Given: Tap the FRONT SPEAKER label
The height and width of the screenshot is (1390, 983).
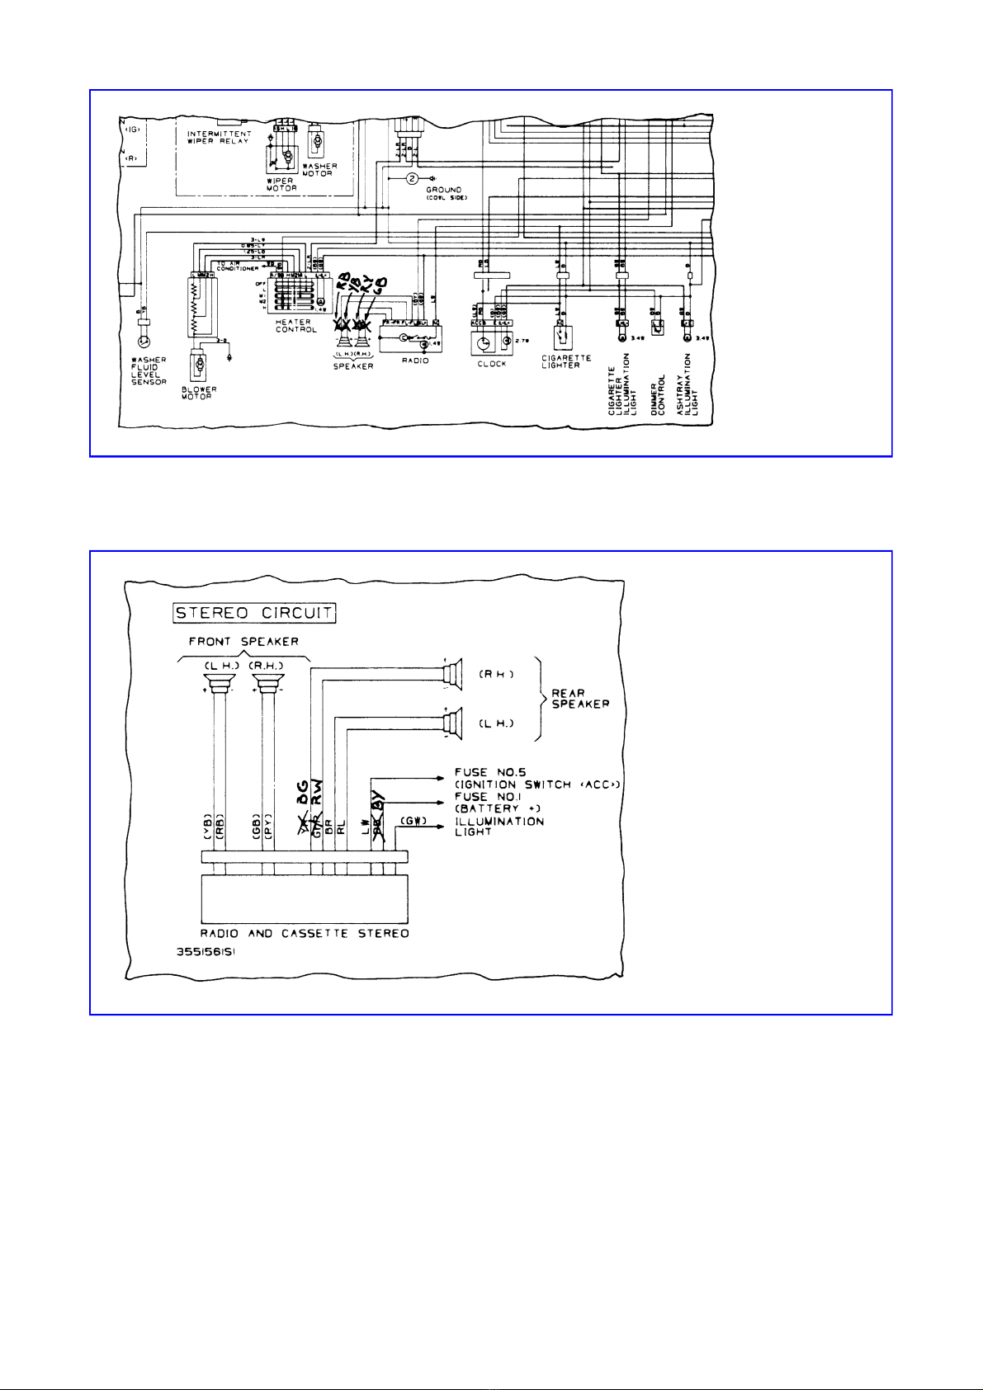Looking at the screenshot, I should (x=243, y=642).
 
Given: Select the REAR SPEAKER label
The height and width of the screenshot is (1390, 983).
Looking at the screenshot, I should (x=580, y=700).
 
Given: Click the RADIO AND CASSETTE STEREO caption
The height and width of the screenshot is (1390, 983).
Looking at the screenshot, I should (x=305, y=934).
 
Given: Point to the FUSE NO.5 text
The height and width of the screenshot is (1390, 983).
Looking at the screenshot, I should (x=490, y=772).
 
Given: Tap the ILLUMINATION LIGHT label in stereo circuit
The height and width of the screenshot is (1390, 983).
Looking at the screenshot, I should (x=499, y=827).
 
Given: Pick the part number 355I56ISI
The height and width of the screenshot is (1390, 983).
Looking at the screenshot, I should (x=211, y=949).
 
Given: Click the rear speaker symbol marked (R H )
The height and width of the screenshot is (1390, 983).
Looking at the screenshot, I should (x=450, y=674).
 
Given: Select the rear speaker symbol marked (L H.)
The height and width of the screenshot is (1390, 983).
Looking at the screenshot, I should (x=450, y=723).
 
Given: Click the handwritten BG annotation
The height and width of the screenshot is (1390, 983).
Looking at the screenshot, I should (x=303, y=791).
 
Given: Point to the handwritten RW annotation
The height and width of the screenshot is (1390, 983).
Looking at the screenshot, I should (x=318, y=791).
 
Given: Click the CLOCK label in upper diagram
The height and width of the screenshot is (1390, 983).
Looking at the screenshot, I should (x=492, y=364).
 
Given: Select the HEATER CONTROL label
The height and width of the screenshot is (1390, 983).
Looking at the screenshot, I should (x=295, y=326).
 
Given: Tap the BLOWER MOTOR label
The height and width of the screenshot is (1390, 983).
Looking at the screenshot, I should (x=199, y=393).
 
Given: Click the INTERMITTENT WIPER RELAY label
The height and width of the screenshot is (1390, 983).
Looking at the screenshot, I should (x=219, y=137).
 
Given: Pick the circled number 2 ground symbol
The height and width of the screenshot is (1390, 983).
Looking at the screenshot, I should (x=413, y=179).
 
